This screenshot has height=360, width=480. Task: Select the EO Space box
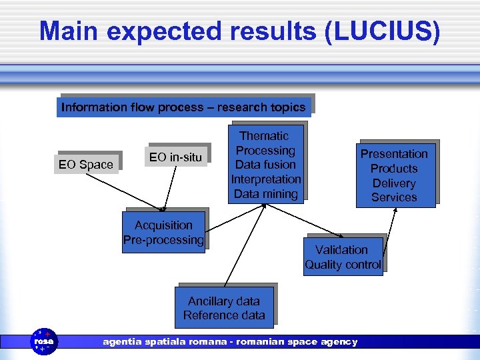(86, 164)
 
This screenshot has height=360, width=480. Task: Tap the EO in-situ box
(177, 157)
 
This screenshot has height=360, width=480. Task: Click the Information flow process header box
(183, 107)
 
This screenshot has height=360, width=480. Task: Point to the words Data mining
(265, 194)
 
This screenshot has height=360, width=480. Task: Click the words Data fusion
(265, 165)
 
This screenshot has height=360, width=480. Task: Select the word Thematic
(265, 136)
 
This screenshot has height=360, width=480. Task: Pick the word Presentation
(394, 154)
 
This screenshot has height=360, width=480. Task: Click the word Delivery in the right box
(394, 183)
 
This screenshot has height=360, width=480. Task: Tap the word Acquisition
(163, 225)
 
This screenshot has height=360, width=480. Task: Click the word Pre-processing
(163, 240)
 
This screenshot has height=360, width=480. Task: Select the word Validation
(343, 250)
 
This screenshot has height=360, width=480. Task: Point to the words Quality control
(343, 265)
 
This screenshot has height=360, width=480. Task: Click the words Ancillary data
(224, 301)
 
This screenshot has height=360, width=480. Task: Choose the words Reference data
(224, 315)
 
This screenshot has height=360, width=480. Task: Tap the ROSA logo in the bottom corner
(45, 341)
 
